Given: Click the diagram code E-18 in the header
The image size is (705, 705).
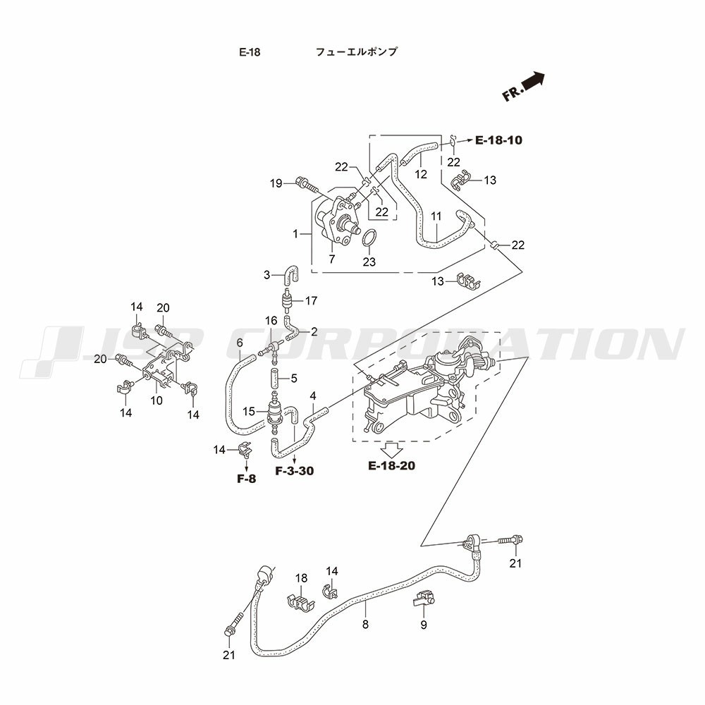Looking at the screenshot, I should coord(250,52).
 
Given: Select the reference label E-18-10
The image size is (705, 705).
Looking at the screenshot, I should coord(498,140).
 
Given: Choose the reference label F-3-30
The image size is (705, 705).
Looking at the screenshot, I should coord(294,471).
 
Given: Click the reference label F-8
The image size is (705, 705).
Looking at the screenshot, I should coord(247,479).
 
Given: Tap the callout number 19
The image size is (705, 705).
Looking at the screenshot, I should coord(276,183).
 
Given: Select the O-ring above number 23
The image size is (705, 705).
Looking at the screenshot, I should coord(369,239).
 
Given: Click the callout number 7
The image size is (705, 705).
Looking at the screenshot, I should coord(331,259).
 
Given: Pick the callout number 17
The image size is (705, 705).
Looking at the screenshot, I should coord(312,301).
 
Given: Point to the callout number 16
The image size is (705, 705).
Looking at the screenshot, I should coord(271,321).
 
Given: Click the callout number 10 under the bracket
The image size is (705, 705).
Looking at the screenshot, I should coord(157,400).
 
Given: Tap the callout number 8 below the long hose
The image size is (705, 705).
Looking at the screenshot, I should coord(365,624).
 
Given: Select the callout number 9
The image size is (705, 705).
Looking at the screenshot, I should coord(424,625).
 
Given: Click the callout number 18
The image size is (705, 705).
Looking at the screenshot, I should coord(301,578).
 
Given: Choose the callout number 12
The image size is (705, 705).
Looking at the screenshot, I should coord(420,174).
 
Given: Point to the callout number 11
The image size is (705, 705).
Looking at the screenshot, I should coord(436,216).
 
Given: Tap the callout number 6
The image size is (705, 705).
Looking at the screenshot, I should coord(240,343).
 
